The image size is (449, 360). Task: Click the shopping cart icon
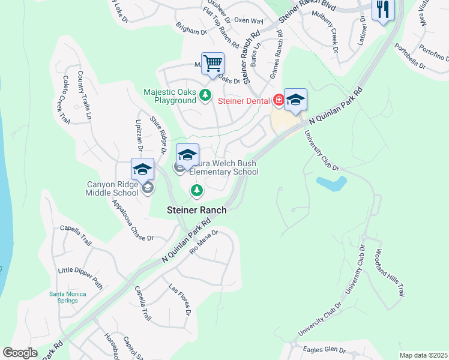click(x=212, y=64)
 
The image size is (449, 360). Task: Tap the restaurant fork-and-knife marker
click(x=382, y=10)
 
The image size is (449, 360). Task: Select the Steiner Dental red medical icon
click(x=279, y=100)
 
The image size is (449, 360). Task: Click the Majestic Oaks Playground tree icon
click(x=205, y=94)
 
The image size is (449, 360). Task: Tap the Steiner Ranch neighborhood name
click(x=196, y=210)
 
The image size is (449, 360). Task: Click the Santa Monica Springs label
click(x=68, y=297)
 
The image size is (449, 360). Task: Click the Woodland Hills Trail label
click(x=388, y=273)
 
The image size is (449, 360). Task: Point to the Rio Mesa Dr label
click(x=203, y=242)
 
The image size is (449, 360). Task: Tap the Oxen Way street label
click(x=249, y=20)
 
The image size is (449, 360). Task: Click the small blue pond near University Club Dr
click(x=331, y=183)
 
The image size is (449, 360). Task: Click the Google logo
click(x=20, y=353)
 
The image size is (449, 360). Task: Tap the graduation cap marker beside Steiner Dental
click(x=295, y=100)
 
